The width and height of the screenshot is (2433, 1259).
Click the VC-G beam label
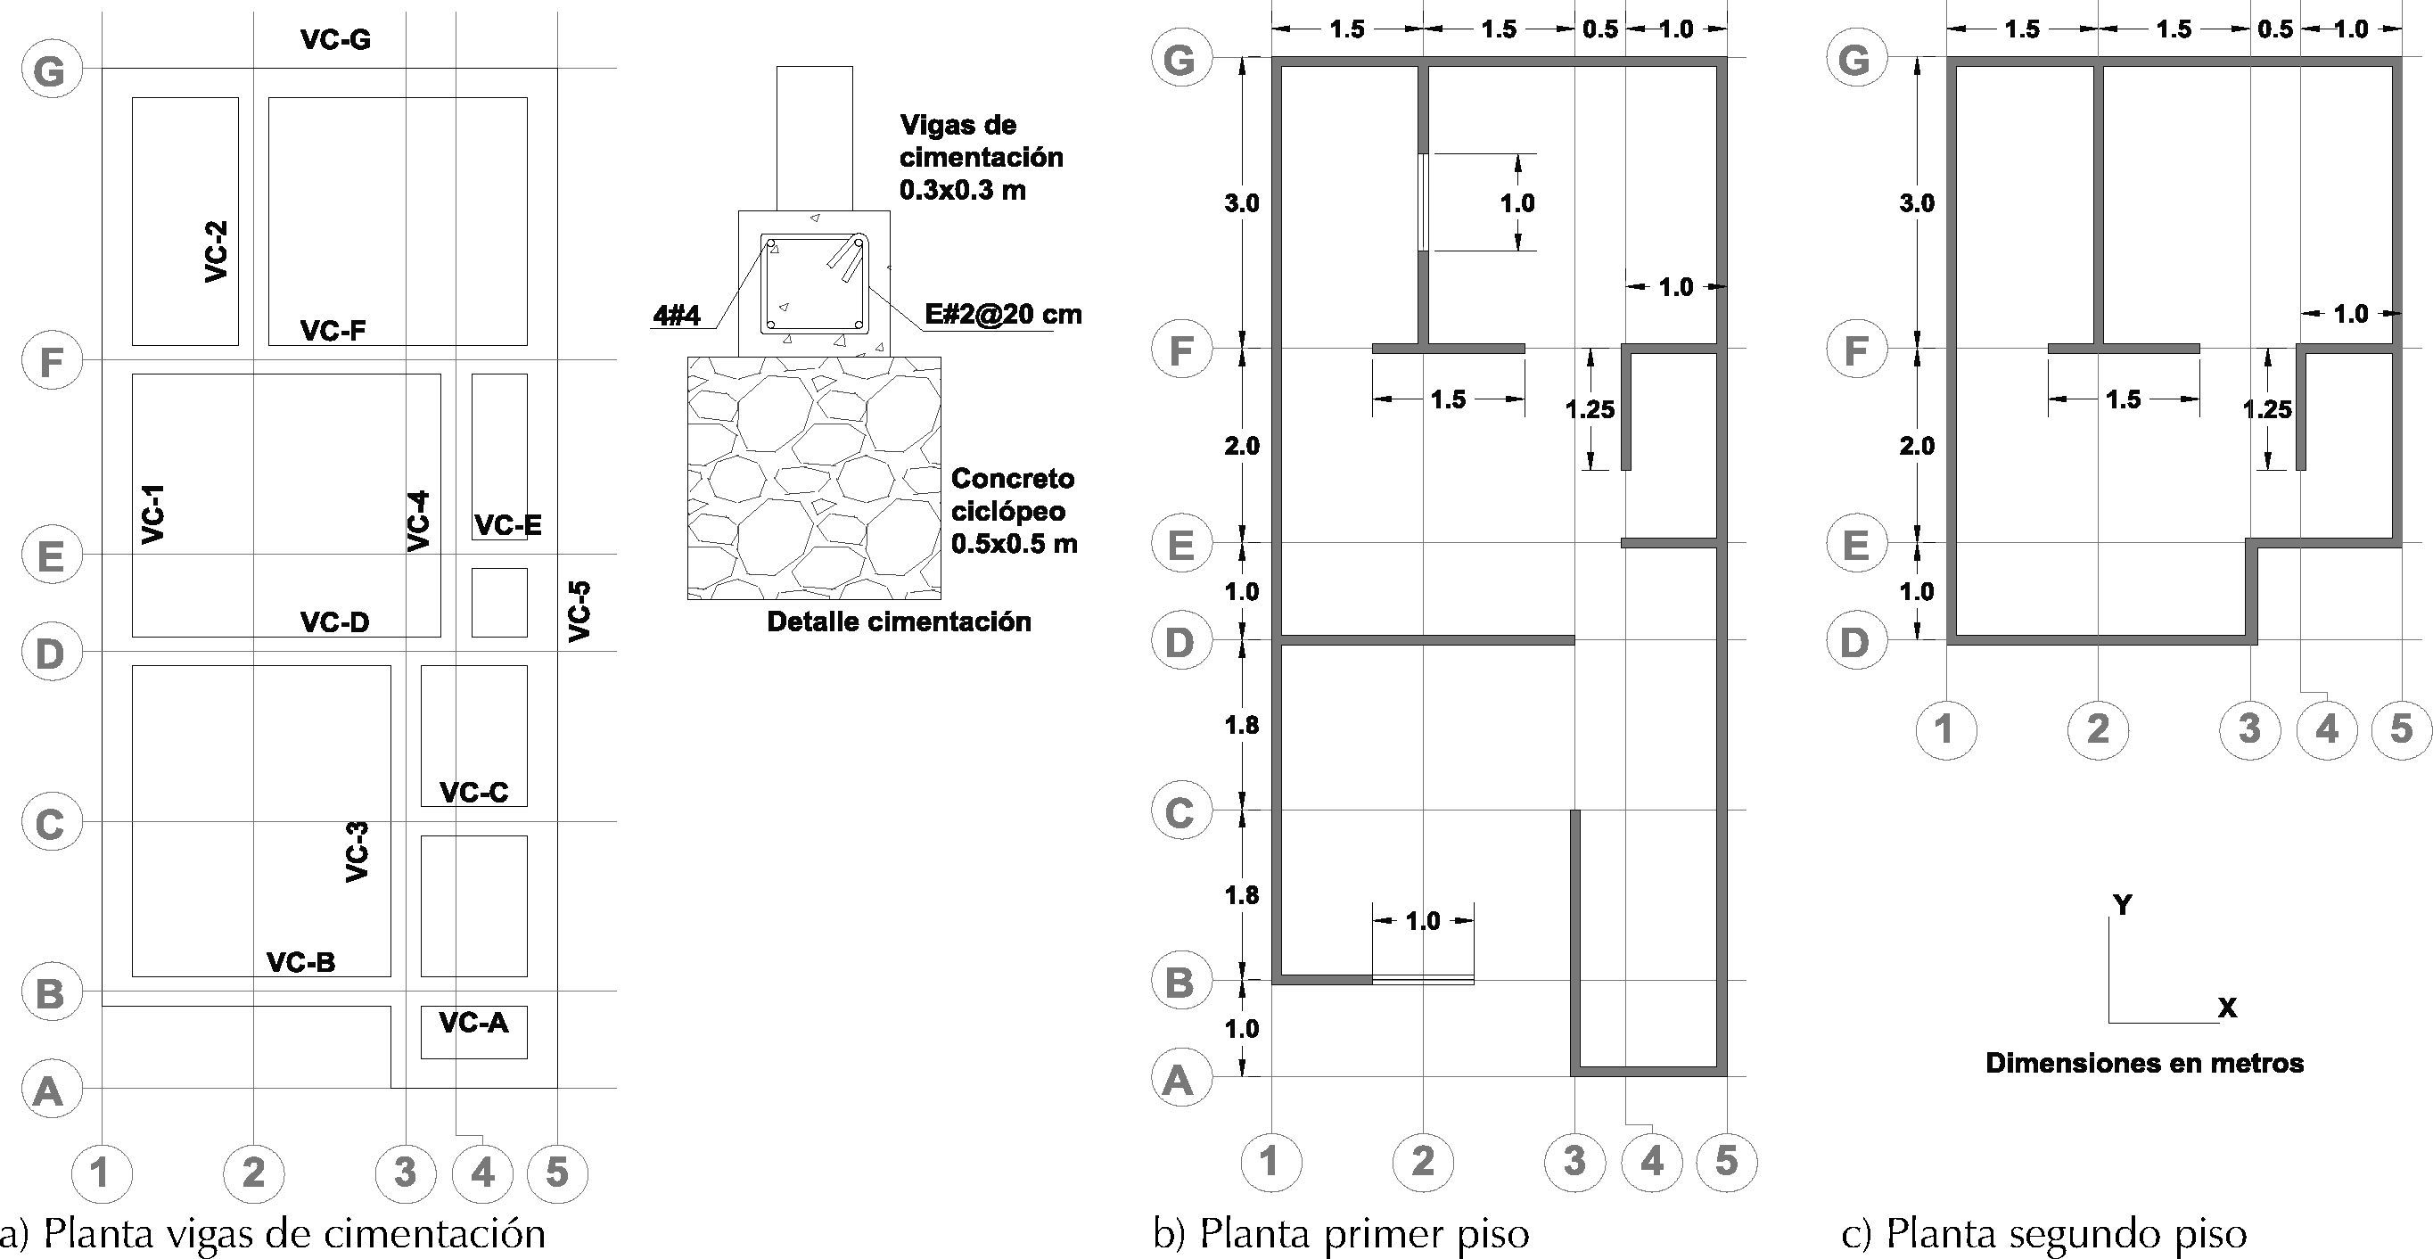click(x=335, y=39)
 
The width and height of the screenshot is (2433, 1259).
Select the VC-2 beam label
click(x=217, y=251)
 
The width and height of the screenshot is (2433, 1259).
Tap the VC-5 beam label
click(x=579, y=612)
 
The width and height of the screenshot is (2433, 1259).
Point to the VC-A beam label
click(x=474, y=1022)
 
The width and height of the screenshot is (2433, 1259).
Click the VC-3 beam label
click(x=356, y=852)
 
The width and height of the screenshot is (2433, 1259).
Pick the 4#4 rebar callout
click(x=678, y=316)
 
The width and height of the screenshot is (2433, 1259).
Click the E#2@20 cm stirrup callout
click(x=1003, y=315)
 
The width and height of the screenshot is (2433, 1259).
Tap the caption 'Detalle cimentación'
click(x=898, y=622)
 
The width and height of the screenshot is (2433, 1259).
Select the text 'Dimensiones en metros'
click(x=2144, y=1064)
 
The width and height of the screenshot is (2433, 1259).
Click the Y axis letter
click(x=2122, y=906)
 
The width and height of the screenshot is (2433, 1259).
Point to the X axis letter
click(x=2227, y=1008)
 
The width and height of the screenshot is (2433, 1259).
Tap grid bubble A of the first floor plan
click(x=1178, y=1080)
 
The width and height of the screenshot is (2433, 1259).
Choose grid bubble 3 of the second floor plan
click(x=2249, y=728)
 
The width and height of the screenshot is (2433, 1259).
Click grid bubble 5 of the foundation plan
click(x=557, y=1173)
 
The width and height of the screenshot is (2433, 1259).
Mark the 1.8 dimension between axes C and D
click(x=1241, y=726)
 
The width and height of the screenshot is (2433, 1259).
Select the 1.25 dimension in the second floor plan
click(x=2268, y=410)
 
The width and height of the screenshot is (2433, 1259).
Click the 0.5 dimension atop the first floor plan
click(x=1600, y=29)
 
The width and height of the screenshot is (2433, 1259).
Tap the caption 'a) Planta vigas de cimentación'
click(x=274, y=1234)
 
